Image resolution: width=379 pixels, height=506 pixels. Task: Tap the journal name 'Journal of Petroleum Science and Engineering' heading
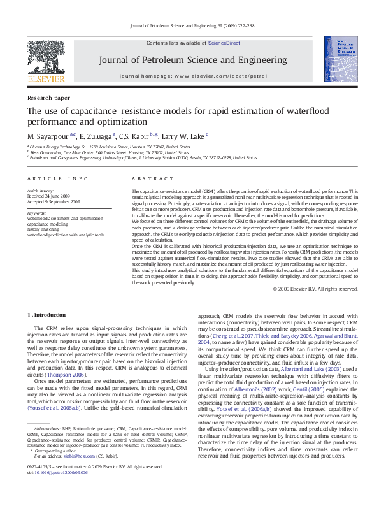[190, 61]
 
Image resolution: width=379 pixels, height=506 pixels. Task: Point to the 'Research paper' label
[48, 98]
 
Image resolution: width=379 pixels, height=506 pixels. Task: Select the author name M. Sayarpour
[49, 136]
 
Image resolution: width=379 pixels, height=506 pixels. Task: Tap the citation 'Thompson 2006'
[66, 375]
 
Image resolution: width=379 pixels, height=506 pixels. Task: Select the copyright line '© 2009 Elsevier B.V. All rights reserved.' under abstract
[315, 289]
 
